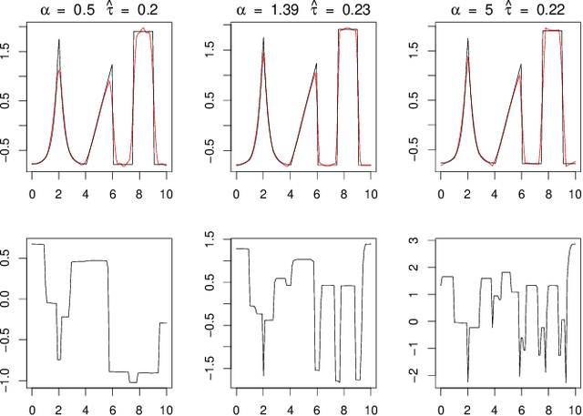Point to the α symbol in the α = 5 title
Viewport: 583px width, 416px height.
[x=455, y=11]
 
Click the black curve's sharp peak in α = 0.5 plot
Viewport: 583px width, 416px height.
[x=59, y=40]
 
